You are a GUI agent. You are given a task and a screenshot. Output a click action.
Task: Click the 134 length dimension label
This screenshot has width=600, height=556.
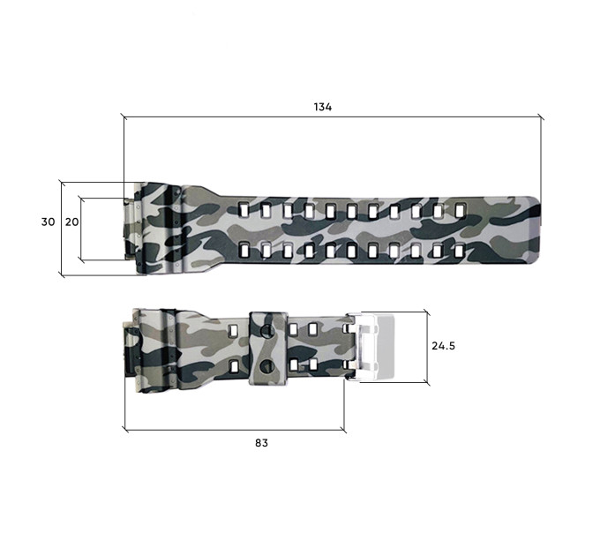323,107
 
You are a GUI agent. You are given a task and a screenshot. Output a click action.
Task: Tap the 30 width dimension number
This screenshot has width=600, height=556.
49,222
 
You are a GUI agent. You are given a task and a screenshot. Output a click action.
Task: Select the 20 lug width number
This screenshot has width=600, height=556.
72,222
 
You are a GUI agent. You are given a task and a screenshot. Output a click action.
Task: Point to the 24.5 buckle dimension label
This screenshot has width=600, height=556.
443,346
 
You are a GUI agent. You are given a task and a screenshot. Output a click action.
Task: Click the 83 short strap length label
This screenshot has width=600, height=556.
261,443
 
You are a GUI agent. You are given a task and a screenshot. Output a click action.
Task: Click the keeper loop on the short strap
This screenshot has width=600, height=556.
268,348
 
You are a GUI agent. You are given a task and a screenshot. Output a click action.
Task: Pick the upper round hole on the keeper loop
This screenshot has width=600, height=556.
266,330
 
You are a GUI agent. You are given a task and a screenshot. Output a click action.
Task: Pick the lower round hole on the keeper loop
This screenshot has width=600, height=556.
266,366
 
